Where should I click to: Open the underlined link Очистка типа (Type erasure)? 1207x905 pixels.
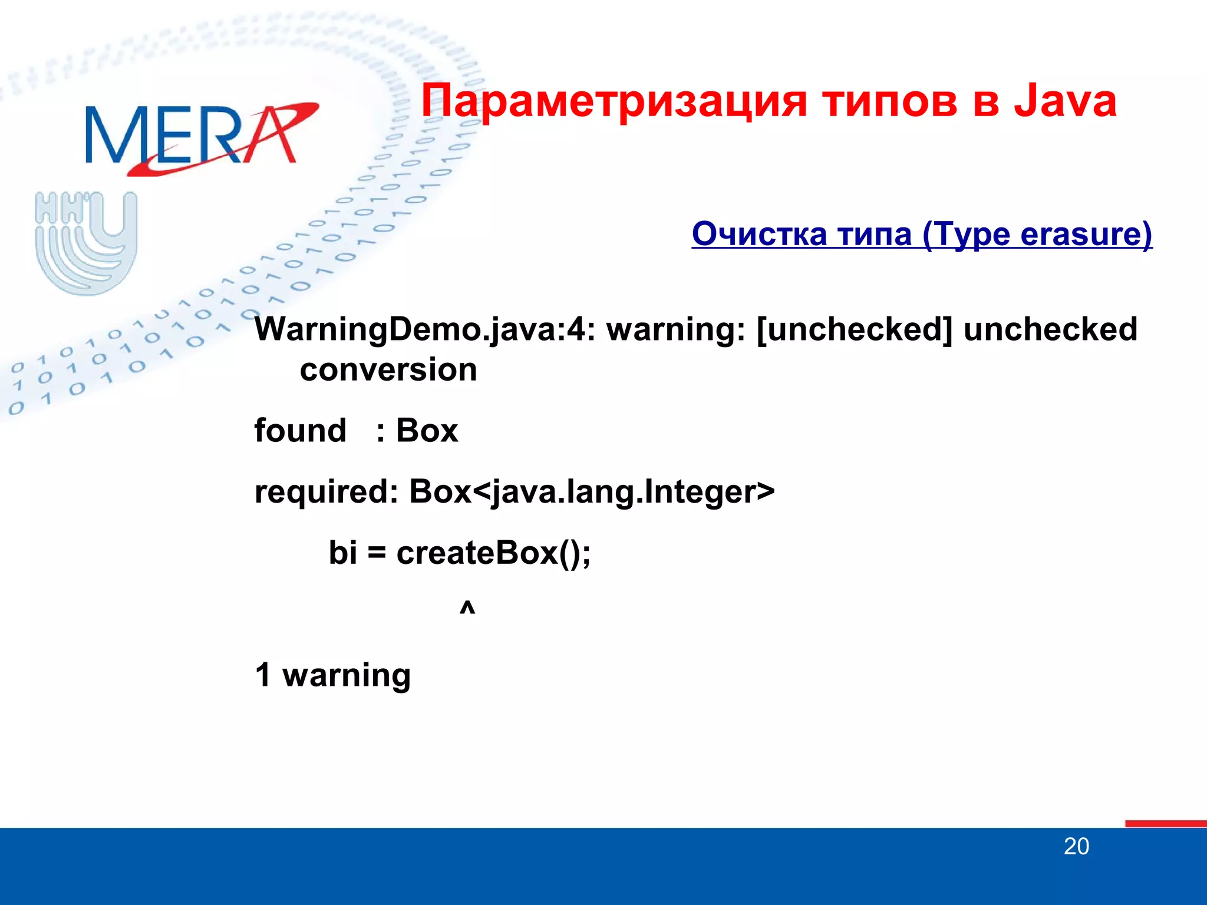[x=922, y=234]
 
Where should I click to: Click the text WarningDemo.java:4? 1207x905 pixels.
[x=424, y=329]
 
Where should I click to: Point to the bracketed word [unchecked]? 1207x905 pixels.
[x=854, y=329]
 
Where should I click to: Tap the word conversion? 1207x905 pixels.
[x=388, y=370]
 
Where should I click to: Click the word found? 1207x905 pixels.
[x=300, y=430]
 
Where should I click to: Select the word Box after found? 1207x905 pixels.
[x=427, y=430]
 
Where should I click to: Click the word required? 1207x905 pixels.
[x=327, y=491]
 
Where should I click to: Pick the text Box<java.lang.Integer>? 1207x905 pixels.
[x=592, y=491]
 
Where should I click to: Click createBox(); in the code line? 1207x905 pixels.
[x=493, y=553]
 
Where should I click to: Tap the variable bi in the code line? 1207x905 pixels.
[x=342, y=553]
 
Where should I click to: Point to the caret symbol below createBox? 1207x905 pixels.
[x=467, y=607]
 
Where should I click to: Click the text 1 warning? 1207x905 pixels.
[x=332, y=675]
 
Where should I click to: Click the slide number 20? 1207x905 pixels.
[x=1076, y=847]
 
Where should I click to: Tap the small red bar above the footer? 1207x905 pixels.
[x=1165, y=823]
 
